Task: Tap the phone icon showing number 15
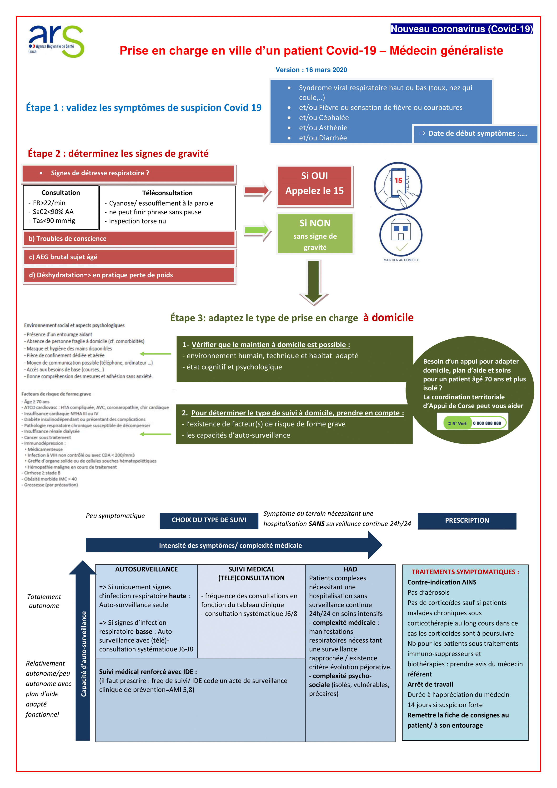398,186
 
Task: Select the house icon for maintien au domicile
401,235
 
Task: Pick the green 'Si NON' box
315,234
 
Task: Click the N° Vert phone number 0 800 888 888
487,423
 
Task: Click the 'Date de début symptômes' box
475,133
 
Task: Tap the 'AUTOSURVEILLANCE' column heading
146,569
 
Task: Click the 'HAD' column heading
350,569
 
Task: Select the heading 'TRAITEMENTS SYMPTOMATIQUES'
465,572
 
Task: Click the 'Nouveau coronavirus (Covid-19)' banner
462,29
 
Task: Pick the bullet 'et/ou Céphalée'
324,118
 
